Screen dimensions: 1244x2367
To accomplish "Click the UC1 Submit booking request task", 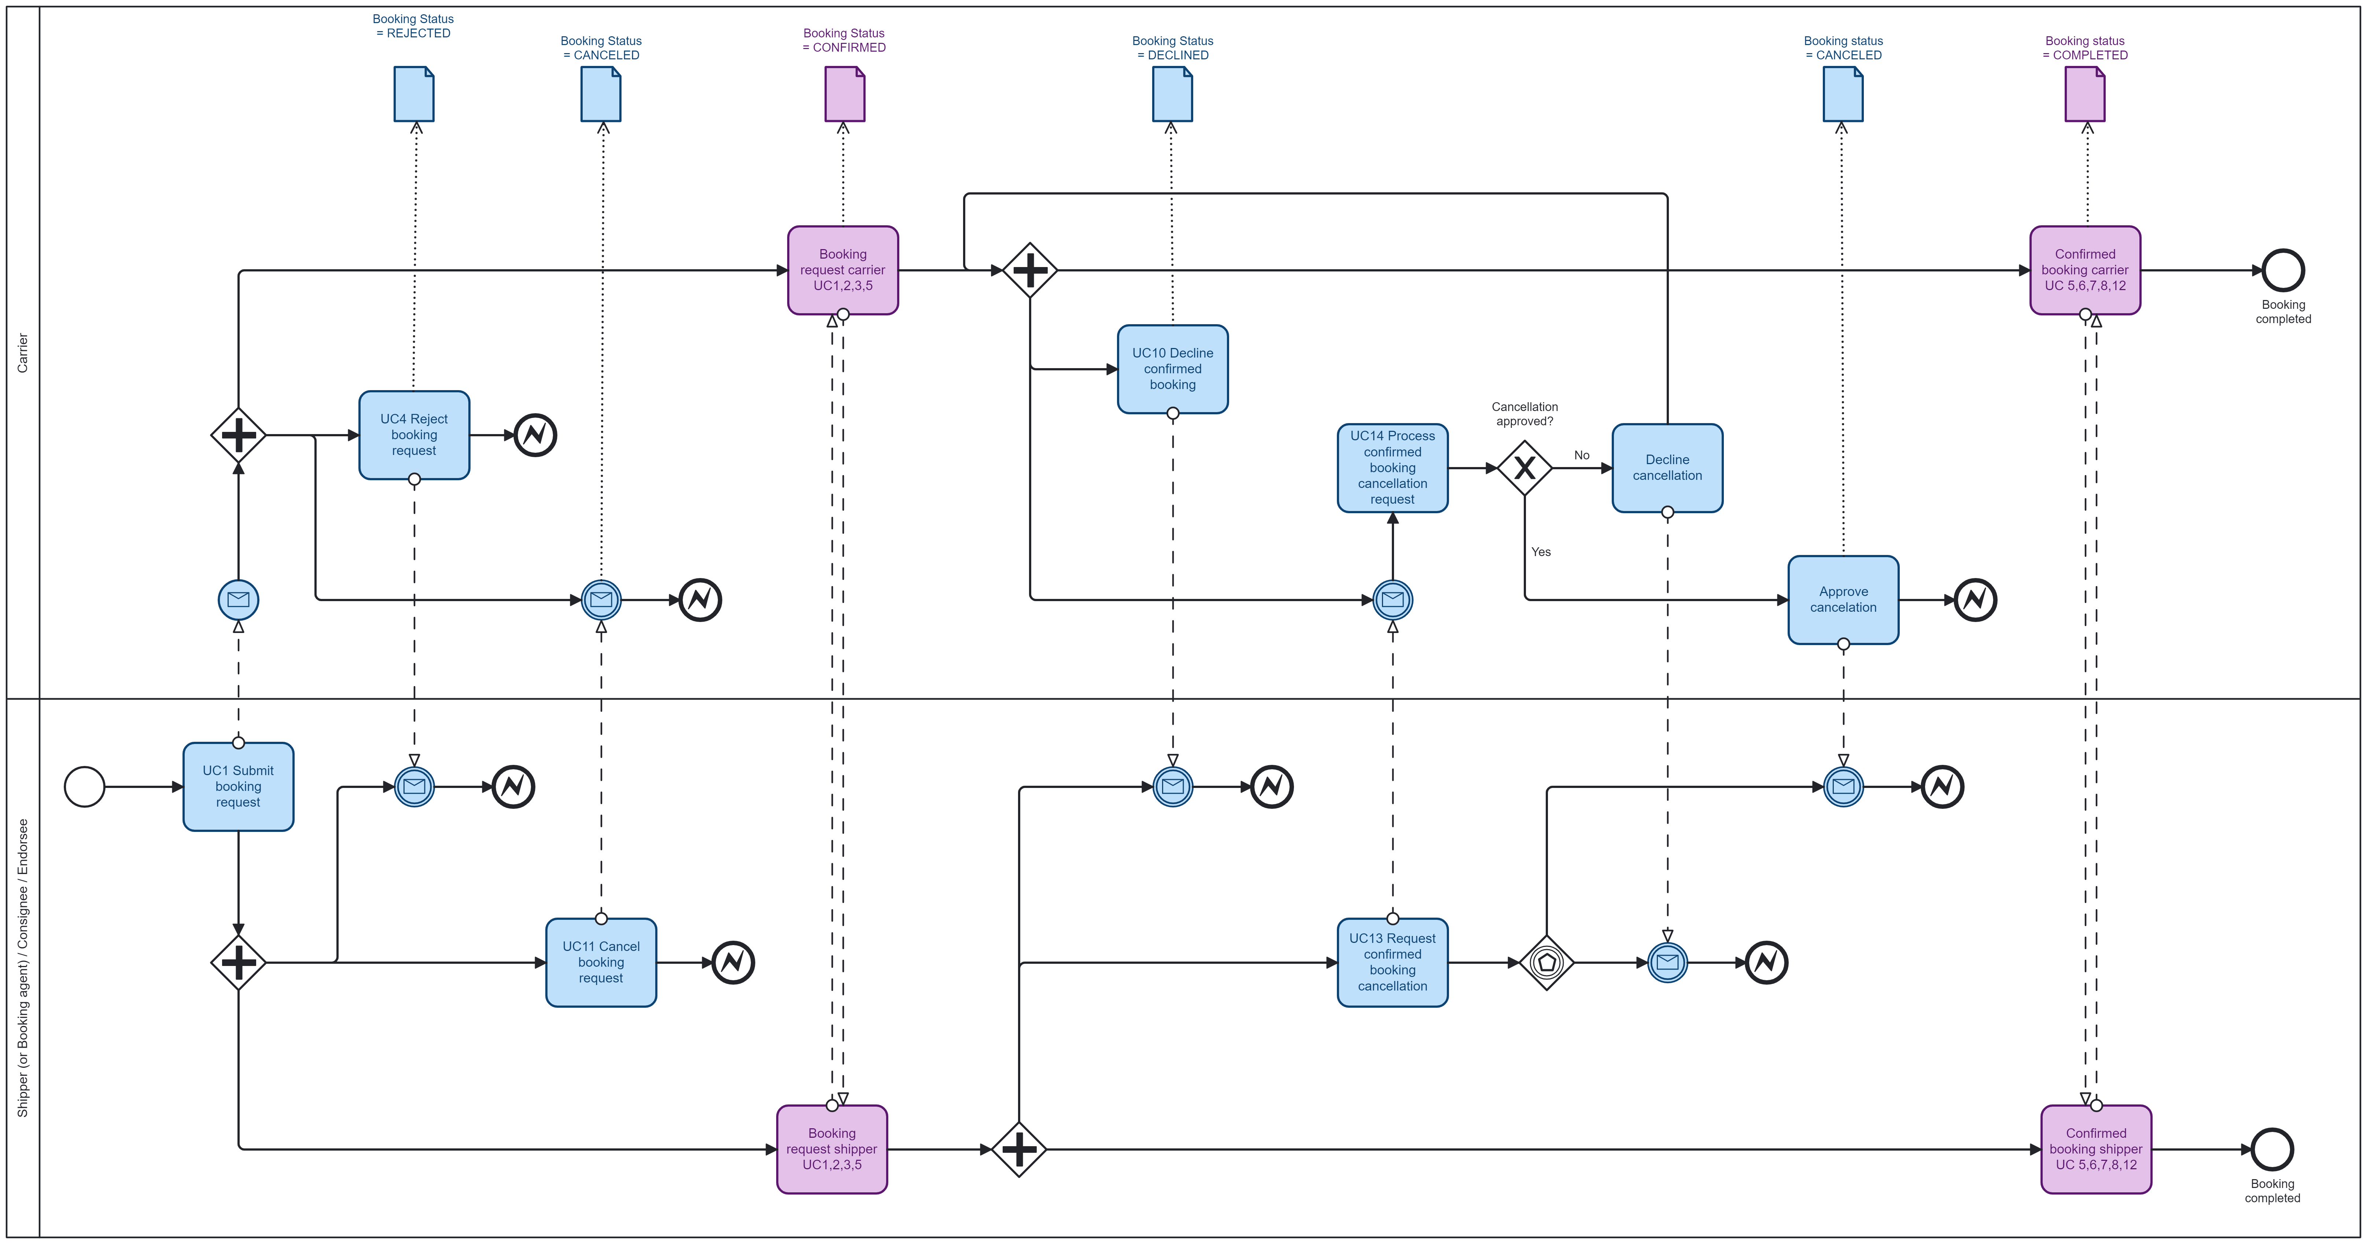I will click(x=238, y=786).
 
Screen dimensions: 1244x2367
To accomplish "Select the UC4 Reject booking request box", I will click(x=413, y=434).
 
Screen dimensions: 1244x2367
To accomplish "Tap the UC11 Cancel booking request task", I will click(x=601, y=962).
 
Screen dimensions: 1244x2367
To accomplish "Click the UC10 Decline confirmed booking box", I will click(x=1172, y=369).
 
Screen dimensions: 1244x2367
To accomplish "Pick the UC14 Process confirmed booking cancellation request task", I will click(x=1392, y=468).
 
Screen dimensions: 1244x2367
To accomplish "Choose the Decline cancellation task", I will click(x=1667, y=468).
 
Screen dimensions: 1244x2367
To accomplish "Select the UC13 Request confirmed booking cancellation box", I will click(x=1392, y=962).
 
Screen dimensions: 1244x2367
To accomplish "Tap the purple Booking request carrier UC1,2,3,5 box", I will click(x=843, y=270).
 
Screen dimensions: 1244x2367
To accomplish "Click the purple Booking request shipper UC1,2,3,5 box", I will click(x=832, y=1148).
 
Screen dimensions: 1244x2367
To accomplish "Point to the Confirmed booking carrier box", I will click(x=2085, y=270).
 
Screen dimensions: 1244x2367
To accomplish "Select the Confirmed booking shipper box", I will click(x=2096, y=1148).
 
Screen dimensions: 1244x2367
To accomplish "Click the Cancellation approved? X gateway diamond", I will click(x=1524, y=468).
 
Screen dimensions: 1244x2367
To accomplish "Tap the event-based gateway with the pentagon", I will click(x=1546, y=962).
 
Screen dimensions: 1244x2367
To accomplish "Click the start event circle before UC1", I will click(x=85, y=786).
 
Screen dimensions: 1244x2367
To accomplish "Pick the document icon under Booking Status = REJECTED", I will click(x=413, y=94).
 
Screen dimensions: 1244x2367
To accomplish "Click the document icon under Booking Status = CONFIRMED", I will click(x=844, y=94).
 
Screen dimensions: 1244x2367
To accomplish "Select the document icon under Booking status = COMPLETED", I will click(x=2085, y=94).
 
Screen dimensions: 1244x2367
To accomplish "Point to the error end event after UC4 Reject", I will click(x=535, y=434).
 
